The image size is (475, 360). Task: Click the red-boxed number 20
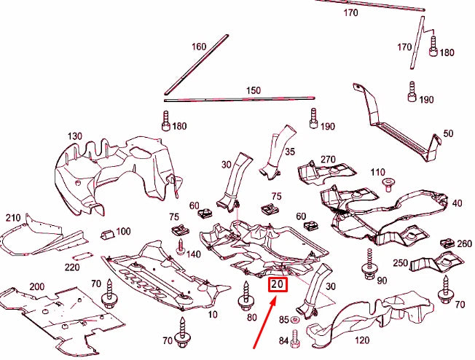[x=278, y=284]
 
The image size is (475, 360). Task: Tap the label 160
[x=199, y=47]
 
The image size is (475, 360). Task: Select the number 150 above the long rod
[x=253, y=90]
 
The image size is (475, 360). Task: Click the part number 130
[x=74, y=136]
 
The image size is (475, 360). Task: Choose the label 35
[x=289, y=152]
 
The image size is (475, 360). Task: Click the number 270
[x=327, y=159]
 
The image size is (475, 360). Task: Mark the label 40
[x=456, y=203]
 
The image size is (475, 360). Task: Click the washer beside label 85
[x=295, y=320]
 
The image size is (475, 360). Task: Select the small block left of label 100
[x=106, y=234]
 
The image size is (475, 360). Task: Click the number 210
[x=13, y=218]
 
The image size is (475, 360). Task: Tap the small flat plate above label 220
[x=84, y=256]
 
